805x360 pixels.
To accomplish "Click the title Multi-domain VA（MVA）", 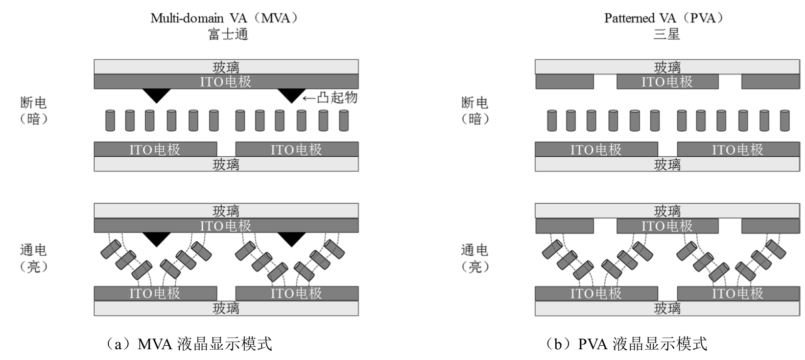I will (224, 18).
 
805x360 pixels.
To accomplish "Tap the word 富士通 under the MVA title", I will (227, 34).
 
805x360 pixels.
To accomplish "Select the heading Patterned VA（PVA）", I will (665, 18).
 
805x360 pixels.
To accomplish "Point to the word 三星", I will (666, 34).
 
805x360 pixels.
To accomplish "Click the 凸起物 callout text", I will (337, 97).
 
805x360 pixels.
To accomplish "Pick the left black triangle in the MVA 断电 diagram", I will (156, 94).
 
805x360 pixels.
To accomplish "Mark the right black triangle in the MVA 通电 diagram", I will (291, 238).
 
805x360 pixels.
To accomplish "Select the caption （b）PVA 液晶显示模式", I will (626, 344).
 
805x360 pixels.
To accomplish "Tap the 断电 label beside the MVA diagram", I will (34, 103).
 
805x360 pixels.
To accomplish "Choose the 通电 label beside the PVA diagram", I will (475, 250).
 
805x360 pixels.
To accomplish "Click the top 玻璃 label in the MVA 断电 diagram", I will (226, 67).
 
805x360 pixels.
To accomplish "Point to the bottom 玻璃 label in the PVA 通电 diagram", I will (667, 308).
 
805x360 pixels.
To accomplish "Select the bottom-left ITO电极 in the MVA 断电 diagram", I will (155, 149).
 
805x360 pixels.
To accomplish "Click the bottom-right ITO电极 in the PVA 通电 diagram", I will (738, 293).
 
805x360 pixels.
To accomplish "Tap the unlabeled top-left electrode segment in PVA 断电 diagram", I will (564, 82).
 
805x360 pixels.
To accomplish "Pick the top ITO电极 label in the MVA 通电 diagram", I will (226, 225).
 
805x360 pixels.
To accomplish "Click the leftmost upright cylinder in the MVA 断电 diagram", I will (110, 121).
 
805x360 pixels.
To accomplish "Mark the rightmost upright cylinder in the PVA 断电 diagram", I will (785, 121).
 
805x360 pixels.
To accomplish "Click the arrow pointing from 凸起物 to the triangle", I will (309, 98).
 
